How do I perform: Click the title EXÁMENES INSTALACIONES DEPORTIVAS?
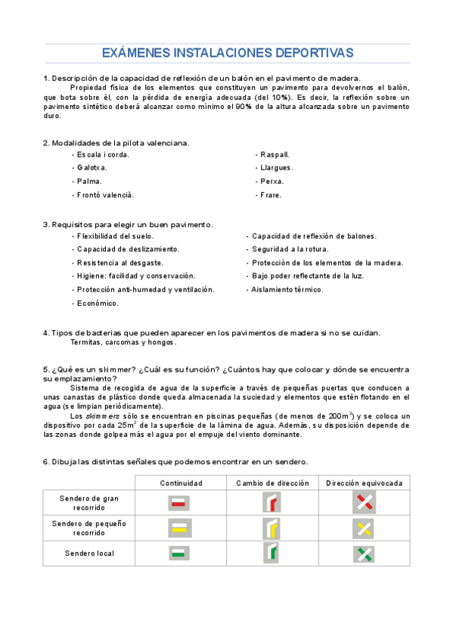click(x=227, y=53)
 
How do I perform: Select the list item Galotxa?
click(x=90, y=168)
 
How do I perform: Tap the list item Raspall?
click(x=273, y=154)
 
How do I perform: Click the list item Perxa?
click(x=270, y=182)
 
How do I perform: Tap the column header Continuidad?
click(x=181, y=483)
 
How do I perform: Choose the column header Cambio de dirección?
click(x=273, y=483)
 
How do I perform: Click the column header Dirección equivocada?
click(x=365, y=483)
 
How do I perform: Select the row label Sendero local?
click(x=89, y=553)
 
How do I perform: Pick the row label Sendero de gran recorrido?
click(x=89, y=503)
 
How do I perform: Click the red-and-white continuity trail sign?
click(x=179, y=503)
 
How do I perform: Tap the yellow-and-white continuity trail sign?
click(x=179, y=528)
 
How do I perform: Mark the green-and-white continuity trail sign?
click(x=179, y=553)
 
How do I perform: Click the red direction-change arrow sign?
click(x=272, y=503)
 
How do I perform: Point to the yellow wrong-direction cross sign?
click(x=365, y=528)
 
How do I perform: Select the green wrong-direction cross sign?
click(x=365, y=553)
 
